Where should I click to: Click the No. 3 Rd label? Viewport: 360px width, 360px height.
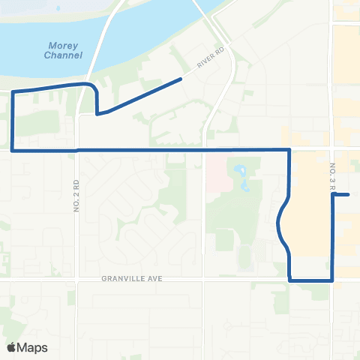pyautogui.click(x=331, y=180)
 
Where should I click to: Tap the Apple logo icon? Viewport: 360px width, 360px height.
pyautogui.click(x=11, y=347)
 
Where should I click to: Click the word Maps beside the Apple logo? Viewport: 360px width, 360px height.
pyautogui.click(x=32, y=347)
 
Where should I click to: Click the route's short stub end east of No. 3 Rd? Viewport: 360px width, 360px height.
pyautogui.click(x=349, y=195)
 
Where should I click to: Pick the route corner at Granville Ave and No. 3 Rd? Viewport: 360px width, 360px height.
pyautogui.click(x=332, y=280)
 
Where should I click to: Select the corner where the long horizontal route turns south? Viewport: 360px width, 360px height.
pyautogui.click(x=289, y=150)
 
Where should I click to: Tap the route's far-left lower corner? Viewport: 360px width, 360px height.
pyautogui.click(x=13, y=150)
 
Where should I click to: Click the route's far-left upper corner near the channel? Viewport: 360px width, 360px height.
pyautogui.click(x=13, y=91)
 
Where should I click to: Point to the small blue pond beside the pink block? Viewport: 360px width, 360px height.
pyautogui.click(x=244, y=177)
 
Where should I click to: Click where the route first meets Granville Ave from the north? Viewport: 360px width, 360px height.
pyautogui.click(x=289, y=279)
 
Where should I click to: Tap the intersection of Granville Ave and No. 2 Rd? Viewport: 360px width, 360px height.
pyautogui.click(x=77, y=279)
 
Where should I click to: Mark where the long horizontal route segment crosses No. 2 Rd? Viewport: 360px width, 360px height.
pyautogui.click(x=77, y=150)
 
